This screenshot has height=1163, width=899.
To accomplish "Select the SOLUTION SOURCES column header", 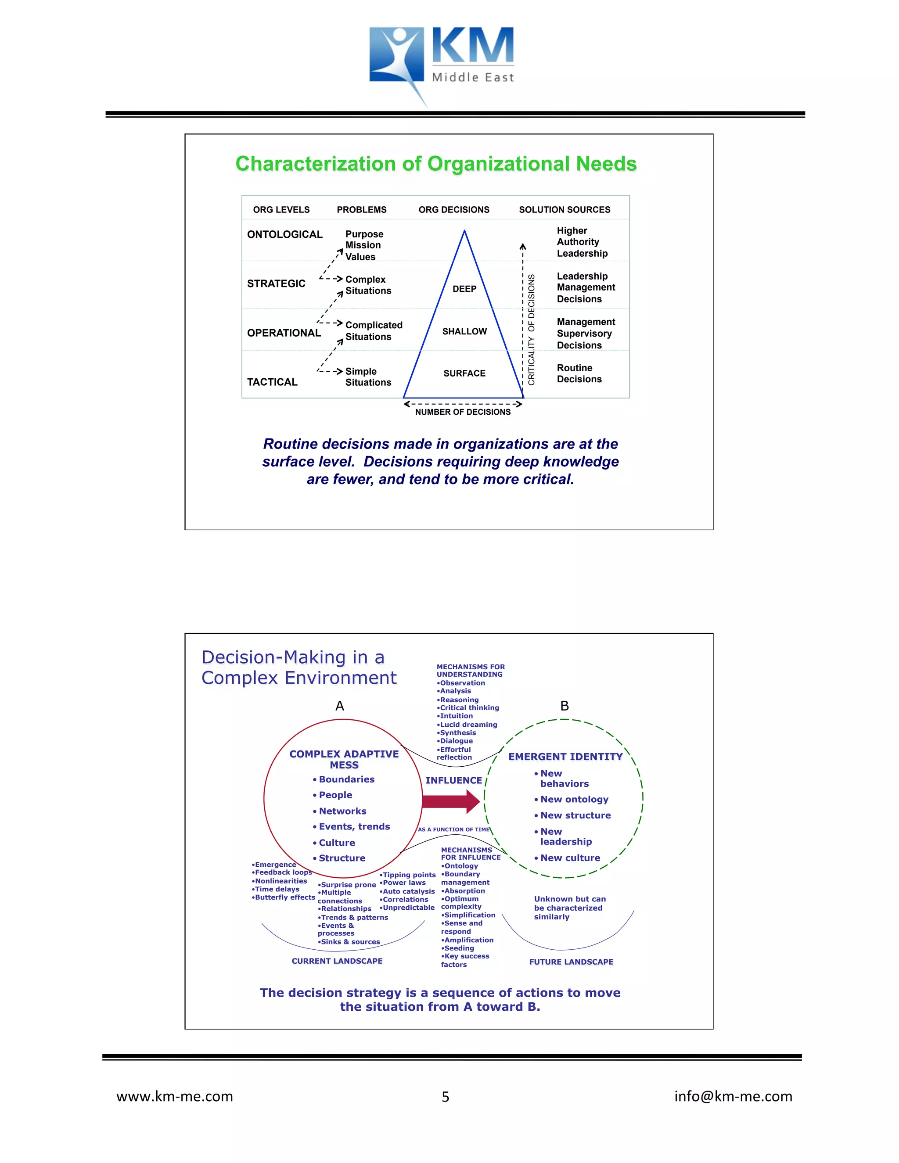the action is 565,210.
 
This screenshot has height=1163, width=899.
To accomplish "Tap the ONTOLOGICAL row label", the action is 284,234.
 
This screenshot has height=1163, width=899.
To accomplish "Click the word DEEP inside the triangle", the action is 464,289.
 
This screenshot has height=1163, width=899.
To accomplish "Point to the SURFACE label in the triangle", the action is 464,373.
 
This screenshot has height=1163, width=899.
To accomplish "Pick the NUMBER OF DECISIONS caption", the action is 463,412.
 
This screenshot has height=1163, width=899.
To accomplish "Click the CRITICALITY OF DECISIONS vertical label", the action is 531,330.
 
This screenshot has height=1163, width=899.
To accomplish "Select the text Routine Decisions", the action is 579,373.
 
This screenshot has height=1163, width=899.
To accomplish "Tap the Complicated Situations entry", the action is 374,331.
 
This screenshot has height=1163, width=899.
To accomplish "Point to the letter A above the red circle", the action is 340,706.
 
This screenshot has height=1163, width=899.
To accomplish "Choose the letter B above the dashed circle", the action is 565,706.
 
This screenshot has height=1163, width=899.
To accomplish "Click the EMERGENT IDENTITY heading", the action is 565,757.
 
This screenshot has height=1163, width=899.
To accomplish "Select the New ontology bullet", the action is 574,799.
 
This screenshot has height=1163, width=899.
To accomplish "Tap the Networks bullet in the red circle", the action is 342,811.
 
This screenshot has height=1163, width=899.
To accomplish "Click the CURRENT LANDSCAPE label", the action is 337,961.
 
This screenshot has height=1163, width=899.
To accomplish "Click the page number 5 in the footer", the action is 445,1097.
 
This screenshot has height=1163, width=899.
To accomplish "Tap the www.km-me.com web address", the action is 175,1096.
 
